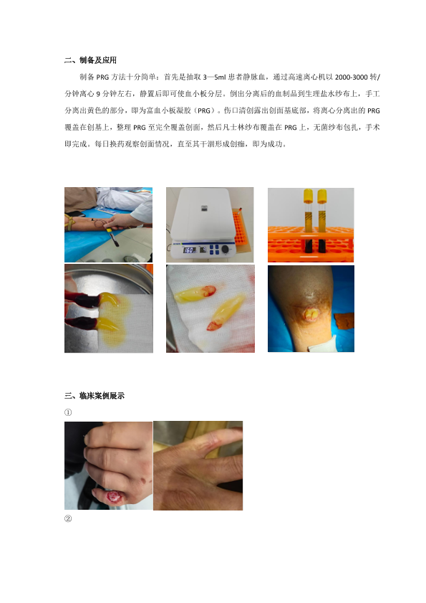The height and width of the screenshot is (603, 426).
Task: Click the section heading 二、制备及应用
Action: pos(90,60)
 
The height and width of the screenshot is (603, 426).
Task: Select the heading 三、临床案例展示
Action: pos(94,395)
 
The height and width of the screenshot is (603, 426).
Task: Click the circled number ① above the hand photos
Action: pos(68,412)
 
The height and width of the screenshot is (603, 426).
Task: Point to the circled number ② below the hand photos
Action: pos(68,518)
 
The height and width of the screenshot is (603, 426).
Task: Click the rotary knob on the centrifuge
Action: pos(226,250)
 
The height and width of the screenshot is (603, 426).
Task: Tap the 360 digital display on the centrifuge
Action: pos(189,250)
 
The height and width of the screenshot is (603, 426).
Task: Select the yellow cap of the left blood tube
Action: pos(308,196)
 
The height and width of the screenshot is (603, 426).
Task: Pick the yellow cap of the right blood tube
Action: pos(322,196)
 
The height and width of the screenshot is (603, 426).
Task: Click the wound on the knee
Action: pos(311,314)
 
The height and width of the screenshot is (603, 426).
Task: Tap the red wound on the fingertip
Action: pos(114,497)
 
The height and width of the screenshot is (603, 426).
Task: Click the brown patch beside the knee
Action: pos(344,321)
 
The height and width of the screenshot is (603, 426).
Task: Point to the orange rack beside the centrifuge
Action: pos(241,230)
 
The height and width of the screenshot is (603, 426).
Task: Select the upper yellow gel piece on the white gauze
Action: pos(195,294)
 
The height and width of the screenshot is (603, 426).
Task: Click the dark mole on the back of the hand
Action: pos(143,480)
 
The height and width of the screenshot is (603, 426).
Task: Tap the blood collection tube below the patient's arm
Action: pos(113,237)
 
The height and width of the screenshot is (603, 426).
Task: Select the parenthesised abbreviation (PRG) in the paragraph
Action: pos(204,110)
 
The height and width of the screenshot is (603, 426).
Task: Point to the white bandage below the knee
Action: pos(323,343)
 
